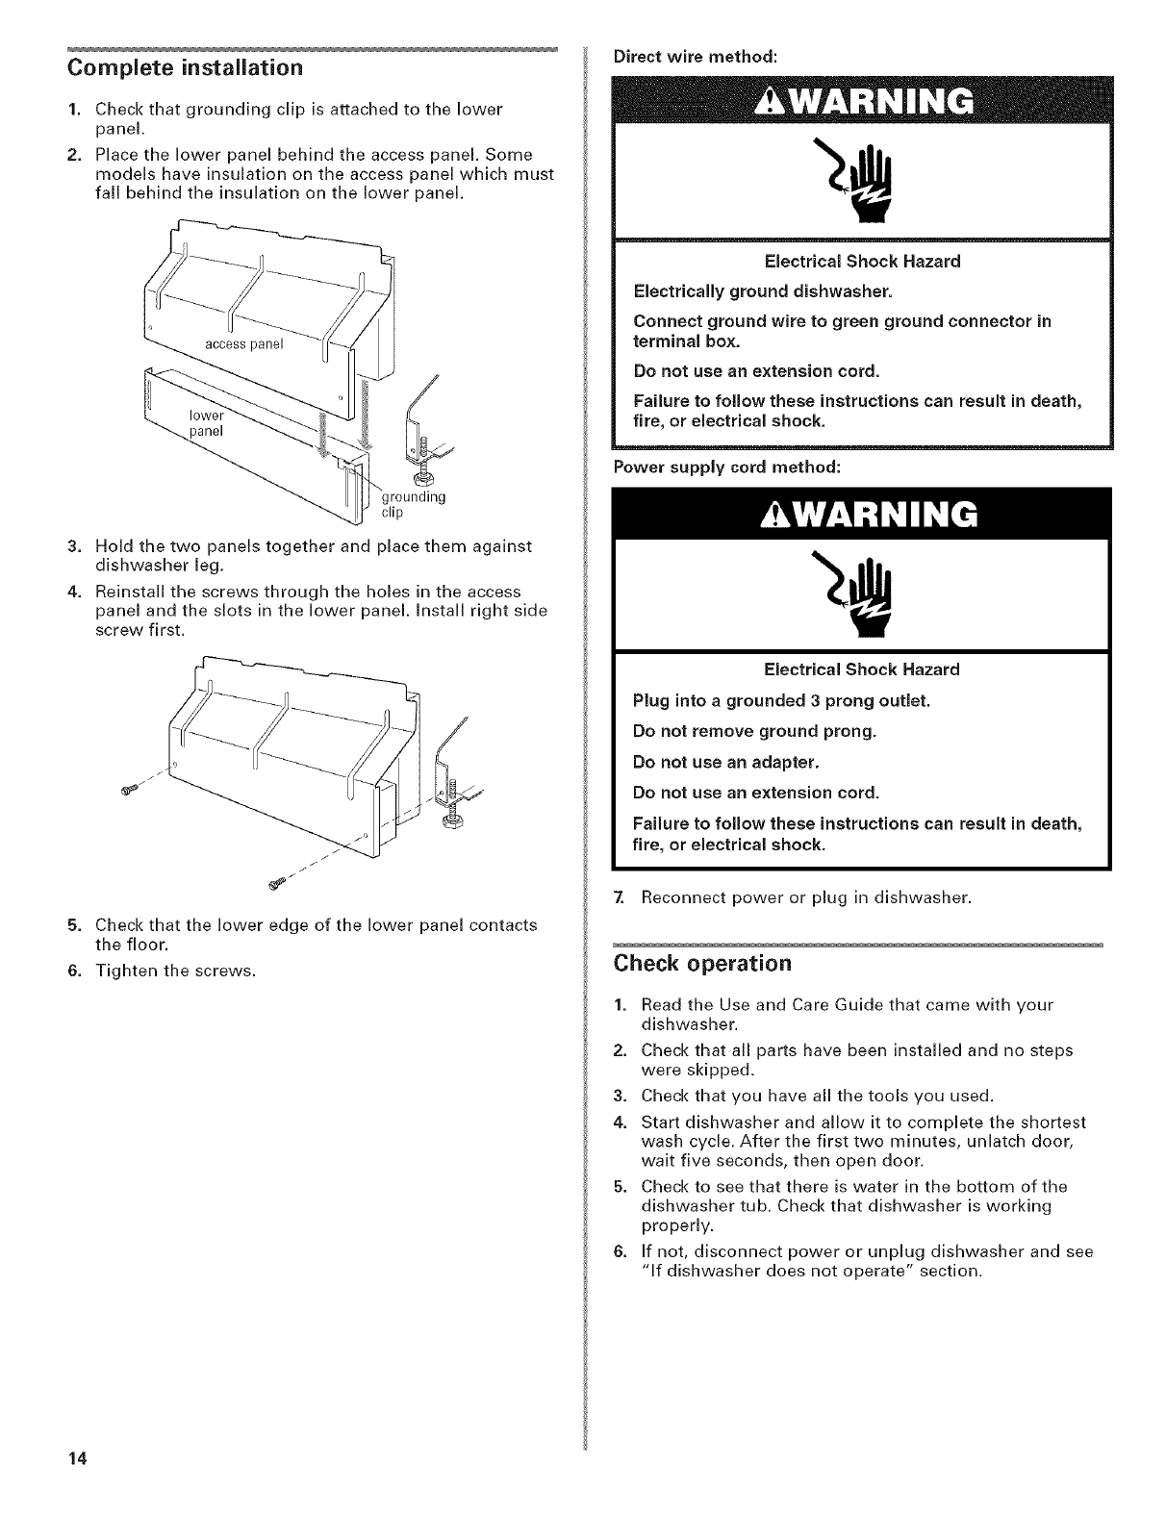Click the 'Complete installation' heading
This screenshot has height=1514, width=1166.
(184, 68)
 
